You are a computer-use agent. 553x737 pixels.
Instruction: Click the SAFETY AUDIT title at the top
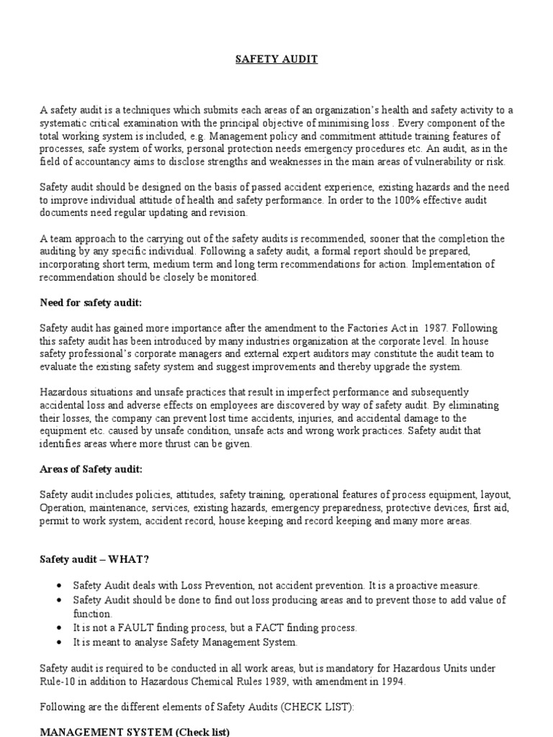point(276,60)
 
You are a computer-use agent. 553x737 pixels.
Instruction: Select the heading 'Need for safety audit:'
point(90,303)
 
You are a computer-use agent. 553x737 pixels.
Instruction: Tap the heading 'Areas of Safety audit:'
point(91,469)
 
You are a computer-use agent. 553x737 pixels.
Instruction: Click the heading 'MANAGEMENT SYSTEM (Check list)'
point(134,732)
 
